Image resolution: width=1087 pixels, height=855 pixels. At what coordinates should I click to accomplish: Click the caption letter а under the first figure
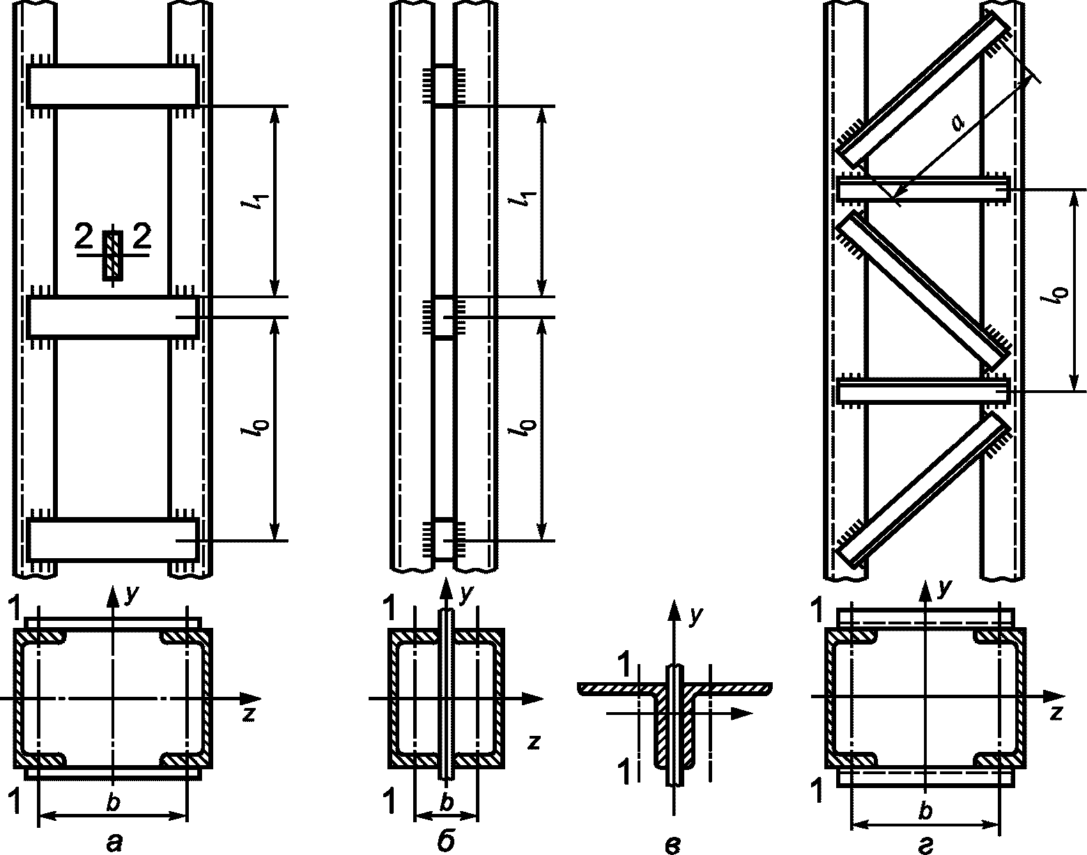coord(114,842)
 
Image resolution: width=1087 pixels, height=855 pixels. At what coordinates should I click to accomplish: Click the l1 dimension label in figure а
coord(259,202)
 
